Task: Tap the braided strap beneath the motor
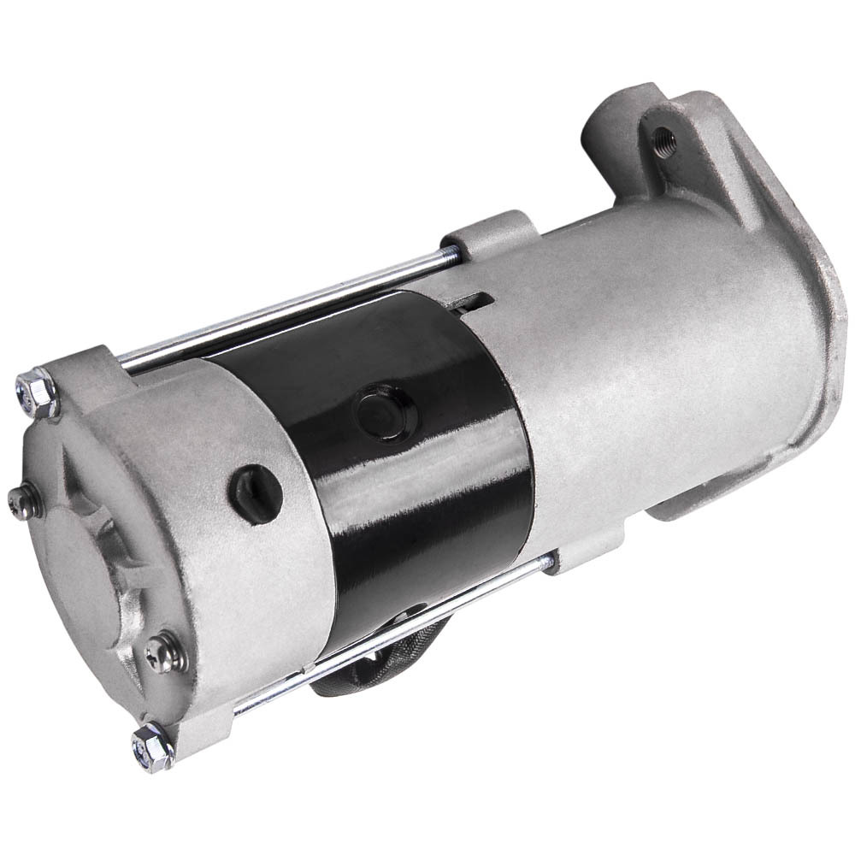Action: click(359, 658)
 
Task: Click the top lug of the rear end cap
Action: click(94, 359)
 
